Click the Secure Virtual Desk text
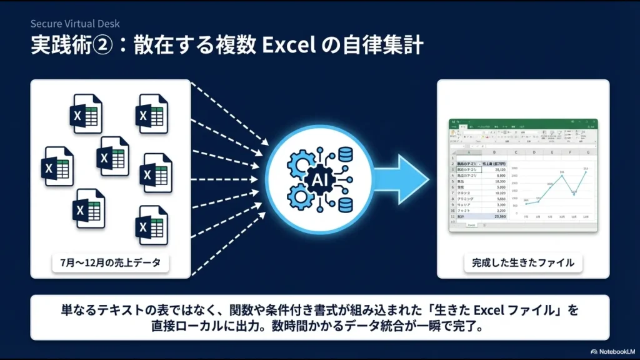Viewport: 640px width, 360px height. pos(75,24)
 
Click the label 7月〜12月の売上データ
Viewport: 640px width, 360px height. pos(110,262)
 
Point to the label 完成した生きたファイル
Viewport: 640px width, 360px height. pos(522,262)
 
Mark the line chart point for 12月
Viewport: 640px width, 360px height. pos(586,172)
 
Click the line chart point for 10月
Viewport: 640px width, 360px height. pos(562,176)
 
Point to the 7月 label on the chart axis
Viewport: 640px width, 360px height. pos(526,217)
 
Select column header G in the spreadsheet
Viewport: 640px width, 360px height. pos(588,152)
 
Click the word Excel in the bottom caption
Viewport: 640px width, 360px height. pos(492,309)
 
